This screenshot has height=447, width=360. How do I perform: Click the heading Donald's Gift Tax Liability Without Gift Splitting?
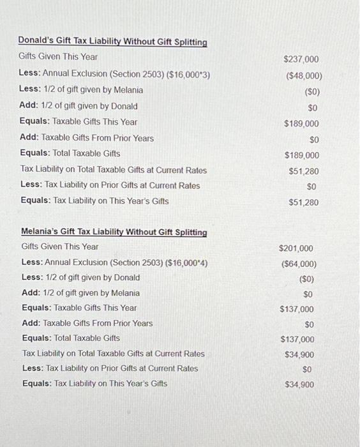pos(113,42)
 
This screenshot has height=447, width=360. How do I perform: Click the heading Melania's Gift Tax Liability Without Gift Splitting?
pos(114,232)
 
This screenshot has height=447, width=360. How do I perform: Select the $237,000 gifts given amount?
pos(301,59)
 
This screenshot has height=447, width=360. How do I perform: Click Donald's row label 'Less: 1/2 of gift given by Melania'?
pos(81,90)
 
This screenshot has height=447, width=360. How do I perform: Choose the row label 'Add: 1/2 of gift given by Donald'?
pos(79,106)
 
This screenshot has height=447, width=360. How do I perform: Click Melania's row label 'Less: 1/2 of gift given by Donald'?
pos(80,278)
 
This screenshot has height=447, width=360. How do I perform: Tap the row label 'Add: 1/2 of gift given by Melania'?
pos(80,293)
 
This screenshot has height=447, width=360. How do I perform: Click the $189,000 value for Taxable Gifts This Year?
pos(301,124)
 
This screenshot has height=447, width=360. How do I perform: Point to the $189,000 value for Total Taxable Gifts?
pos(301,155)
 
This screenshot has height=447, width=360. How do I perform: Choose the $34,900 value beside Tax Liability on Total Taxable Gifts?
pos(299,354)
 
